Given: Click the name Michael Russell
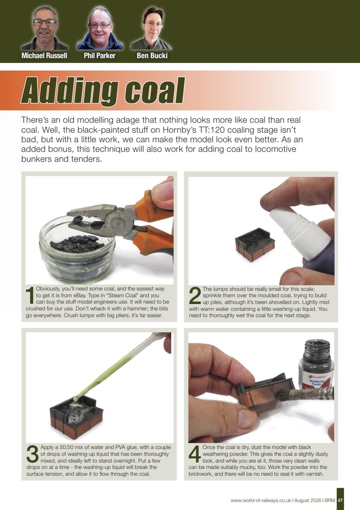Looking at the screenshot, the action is coord(44,55).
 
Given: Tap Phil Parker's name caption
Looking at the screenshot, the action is coord(100,55).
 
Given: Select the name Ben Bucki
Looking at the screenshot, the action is coord(152,55).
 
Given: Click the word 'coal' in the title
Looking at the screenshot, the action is coord(155,90).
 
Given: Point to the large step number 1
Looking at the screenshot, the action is coord(30,295).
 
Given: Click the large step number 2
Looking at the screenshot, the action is coord(195,295).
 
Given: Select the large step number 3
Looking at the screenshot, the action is coord(33,454).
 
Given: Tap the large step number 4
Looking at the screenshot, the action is coord(195,454).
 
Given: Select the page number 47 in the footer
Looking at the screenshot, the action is coord(340,500).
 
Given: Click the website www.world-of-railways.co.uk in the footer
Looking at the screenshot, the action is coord(261,500).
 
